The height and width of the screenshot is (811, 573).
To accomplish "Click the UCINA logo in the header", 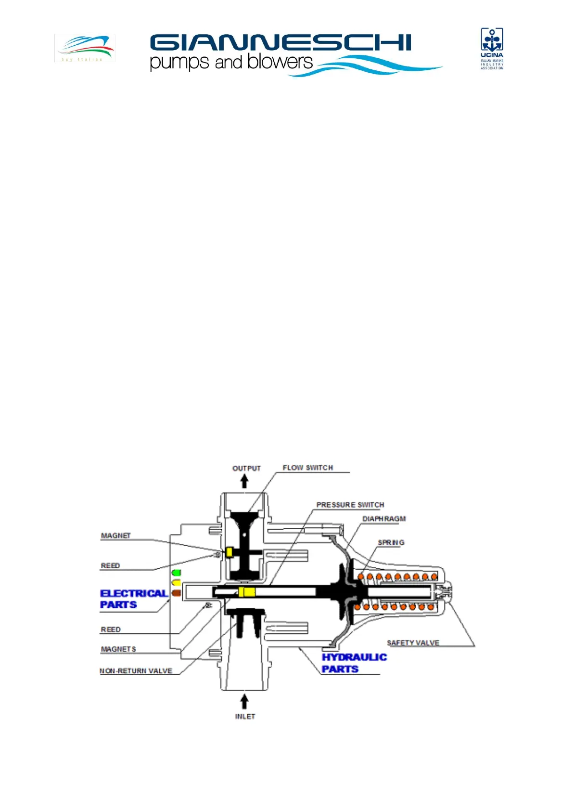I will coord(492,48).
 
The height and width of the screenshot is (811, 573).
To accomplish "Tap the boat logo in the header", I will coord(85,47).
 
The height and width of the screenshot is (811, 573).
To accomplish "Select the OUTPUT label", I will coord(246,468).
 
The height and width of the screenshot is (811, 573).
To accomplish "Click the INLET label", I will coord(245,716).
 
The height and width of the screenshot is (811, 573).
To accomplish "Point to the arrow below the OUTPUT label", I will coord(244,481).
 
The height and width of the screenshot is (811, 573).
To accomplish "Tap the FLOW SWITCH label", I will coord(307,468).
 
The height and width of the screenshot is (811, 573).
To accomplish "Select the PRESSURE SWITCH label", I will coord(350,505).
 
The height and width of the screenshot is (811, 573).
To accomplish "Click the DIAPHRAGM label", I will coord(384,519).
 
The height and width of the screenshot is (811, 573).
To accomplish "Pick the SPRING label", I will coord(391,542).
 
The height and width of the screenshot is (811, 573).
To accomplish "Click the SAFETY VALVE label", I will coord(413,642).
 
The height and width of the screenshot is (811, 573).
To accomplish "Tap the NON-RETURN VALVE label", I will coord(136,670).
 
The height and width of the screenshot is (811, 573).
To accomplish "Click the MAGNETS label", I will coord(118,649).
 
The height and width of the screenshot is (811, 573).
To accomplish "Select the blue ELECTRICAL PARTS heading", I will coord(133,599).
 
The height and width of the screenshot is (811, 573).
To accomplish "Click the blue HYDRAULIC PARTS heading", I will coord(354,663).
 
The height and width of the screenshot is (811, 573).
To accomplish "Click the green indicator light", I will coord(177,573).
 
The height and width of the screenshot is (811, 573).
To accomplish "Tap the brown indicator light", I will coord(177,593).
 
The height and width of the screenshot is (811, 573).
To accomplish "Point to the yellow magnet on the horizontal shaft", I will coord(247,592).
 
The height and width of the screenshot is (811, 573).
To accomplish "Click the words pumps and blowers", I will coord(231,62).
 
